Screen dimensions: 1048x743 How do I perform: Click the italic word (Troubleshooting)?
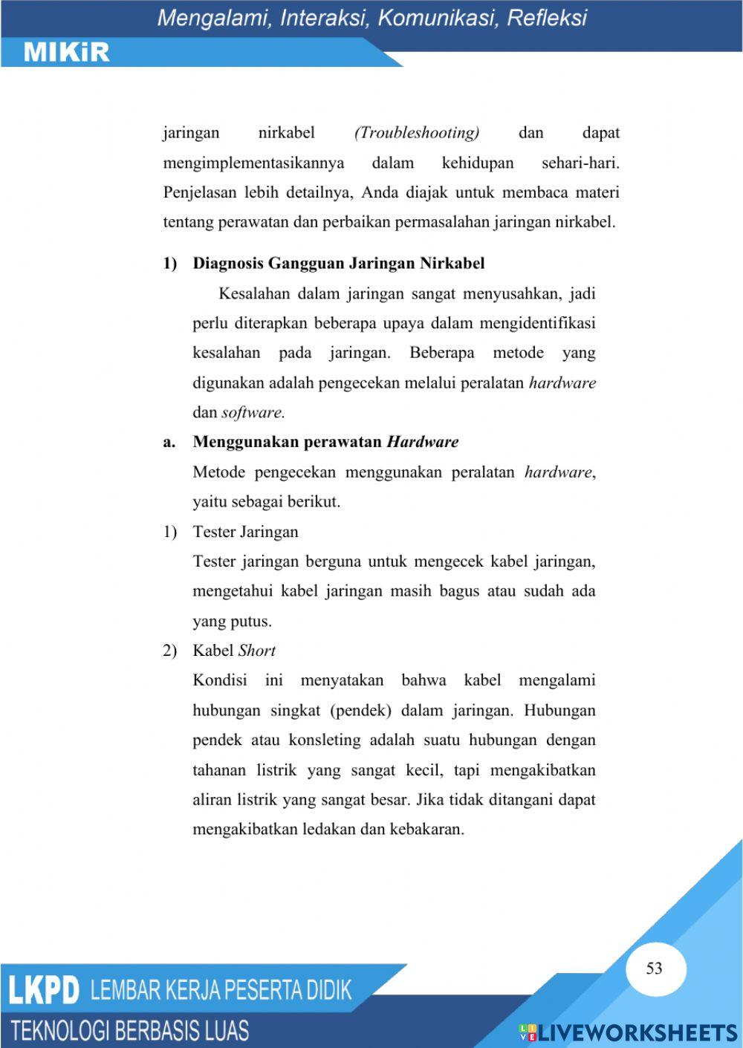(417, 133)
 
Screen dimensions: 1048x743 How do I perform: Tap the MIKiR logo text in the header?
(67, 52)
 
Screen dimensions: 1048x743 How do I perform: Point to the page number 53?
(654, 968)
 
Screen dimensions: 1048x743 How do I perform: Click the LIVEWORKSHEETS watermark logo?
(628, 1032)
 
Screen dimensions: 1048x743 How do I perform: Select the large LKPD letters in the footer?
(44, 991)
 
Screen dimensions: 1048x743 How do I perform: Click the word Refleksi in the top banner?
(547, 18)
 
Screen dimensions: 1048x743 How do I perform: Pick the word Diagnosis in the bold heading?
(227, 263)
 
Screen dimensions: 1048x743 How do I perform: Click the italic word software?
(253, 413)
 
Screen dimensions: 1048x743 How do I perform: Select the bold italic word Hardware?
(423, 442)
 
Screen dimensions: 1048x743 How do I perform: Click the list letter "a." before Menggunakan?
(169, 442)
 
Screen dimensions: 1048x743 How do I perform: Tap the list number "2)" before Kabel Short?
(170, 651)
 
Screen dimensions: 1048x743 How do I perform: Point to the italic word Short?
(257, 651)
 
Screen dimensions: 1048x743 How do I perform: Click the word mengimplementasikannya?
(253, 163)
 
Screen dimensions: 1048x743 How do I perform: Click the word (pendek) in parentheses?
(360, 711)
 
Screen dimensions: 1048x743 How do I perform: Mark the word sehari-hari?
(580, 163)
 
